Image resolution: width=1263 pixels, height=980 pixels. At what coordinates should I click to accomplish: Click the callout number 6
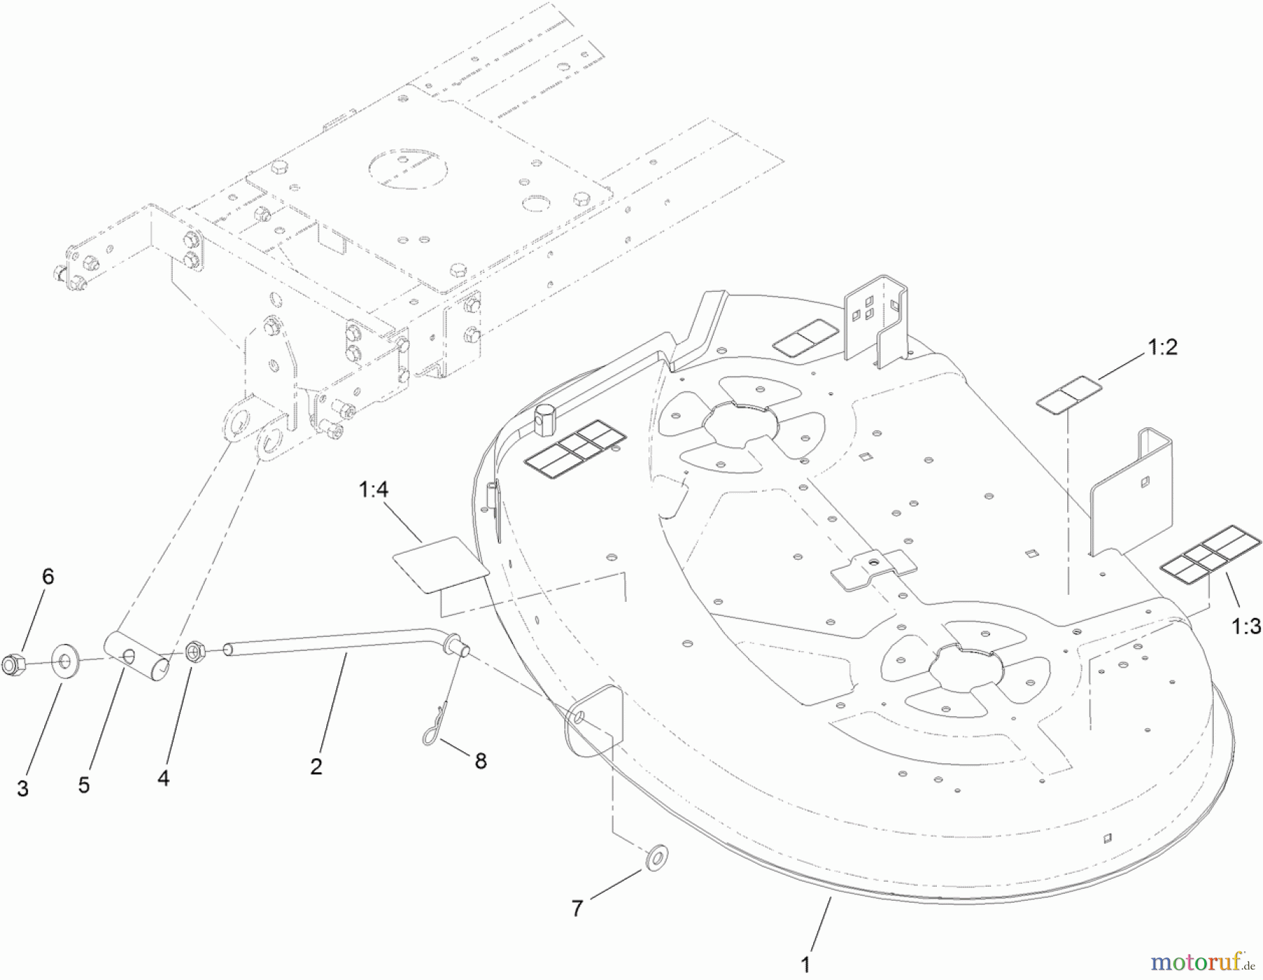[x=48, y=577]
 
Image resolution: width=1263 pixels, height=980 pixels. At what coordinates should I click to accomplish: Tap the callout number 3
[x=23, y=788]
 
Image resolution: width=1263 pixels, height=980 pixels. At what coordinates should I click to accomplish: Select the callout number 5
[x=84, y=785]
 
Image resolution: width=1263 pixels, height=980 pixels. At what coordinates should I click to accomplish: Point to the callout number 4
[x=163, y=778]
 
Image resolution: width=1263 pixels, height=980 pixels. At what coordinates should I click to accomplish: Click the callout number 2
[x=316, y=767]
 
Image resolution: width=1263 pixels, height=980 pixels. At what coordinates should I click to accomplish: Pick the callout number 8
[x=481, y=761]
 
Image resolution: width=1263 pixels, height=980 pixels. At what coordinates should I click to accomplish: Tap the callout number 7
[x=577, y=908]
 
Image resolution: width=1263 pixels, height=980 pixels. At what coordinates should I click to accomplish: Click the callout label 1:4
[x=373, y=490]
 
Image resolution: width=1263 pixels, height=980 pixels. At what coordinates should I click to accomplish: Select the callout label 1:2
[x=1162, y=347]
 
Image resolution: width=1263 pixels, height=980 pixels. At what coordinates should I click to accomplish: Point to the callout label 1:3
[x=1246, y=626]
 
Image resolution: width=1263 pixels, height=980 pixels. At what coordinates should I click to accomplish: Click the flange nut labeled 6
[x=13, y=664]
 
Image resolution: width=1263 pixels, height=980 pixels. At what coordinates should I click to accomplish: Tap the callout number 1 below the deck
[x=806, y=965]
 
